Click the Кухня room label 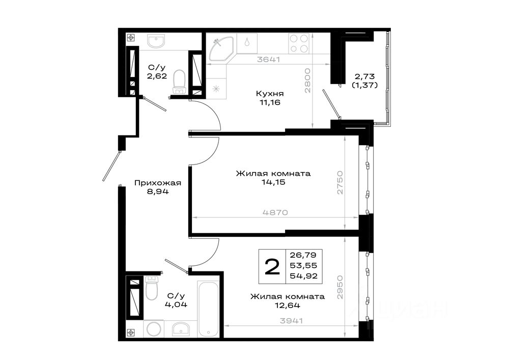[x=270, y=94]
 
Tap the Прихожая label [x=158, y=183]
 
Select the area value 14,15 [x=273, y=182]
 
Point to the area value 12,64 [x=288, y=305]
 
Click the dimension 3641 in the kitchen [x=268, y=60]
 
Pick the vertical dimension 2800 [x=307, y=80]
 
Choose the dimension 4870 [x=275, y=213]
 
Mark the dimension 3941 [x=291, y=321]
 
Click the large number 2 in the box [x=272, y=267]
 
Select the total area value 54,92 [x=303, y=276]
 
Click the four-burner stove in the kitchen [x=299, y=43]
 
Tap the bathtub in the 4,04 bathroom [x=209, y=310]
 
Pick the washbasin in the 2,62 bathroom [x=156, y=41]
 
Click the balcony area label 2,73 [x=364, y=76]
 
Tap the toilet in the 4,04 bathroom [x=151, y=288]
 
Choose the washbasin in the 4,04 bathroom [x=181, y=328]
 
